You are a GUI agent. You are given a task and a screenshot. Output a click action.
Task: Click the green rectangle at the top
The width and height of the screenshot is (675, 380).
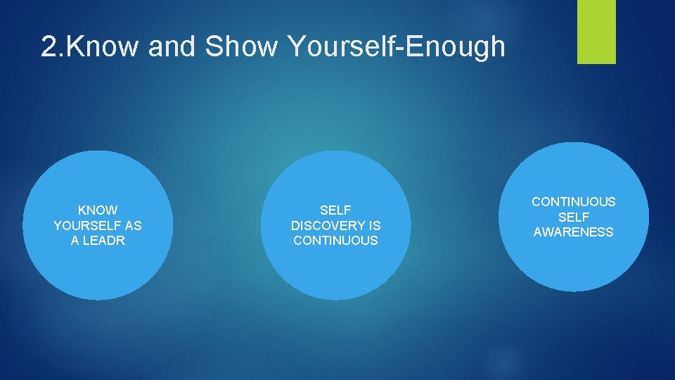click(596, 32)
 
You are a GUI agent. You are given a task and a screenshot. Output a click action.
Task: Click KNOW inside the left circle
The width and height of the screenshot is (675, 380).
click(98, 210)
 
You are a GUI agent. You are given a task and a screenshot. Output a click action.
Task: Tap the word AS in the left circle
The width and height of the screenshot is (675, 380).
click(132, 226)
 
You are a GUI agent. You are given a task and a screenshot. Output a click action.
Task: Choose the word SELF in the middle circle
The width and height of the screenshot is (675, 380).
click(335, 210)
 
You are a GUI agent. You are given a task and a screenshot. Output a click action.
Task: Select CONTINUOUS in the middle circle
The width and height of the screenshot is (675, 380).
click(335, 241)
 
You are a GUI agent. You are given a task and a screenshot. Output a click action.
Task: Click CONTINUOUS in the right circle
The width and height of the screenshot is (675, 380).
click(573, 202)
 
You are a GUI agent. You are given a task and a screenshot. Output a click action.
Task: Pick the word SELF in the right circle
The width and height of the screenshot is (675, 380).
click(573, 217)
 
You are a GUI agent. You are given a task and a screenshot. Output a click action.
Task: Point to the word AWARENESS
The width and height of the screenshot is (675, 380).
click(573, 232)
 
